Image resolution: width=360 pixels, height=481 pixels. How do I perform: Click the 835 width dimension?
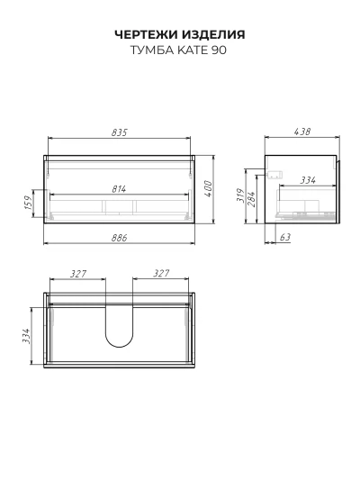[119, 132]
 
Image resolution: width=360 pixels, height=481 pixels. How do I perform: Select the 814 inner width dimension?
[119, 189]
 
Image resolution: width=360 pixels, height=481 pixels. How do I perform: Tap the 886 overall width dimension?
[119, 238]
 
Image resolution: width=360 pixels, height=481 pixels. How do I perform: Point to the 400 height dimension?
[208, 189]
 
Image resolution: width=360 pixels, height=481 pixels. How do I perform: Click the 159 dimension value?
[28, 203]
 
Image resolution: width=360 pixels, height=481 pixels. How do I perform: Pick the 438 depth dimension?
[302, 132]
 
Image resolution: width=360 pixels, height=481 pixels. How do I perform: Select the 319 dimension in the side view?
[241, 195]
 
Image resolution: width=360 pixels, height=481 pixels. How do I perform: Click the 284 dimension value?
[251, 199]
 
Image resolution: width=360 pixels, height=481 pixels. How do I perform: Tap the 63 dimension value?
[285, 237]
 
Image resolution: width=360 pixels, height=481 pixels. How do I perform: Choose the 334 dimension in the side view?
[308, 180]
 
